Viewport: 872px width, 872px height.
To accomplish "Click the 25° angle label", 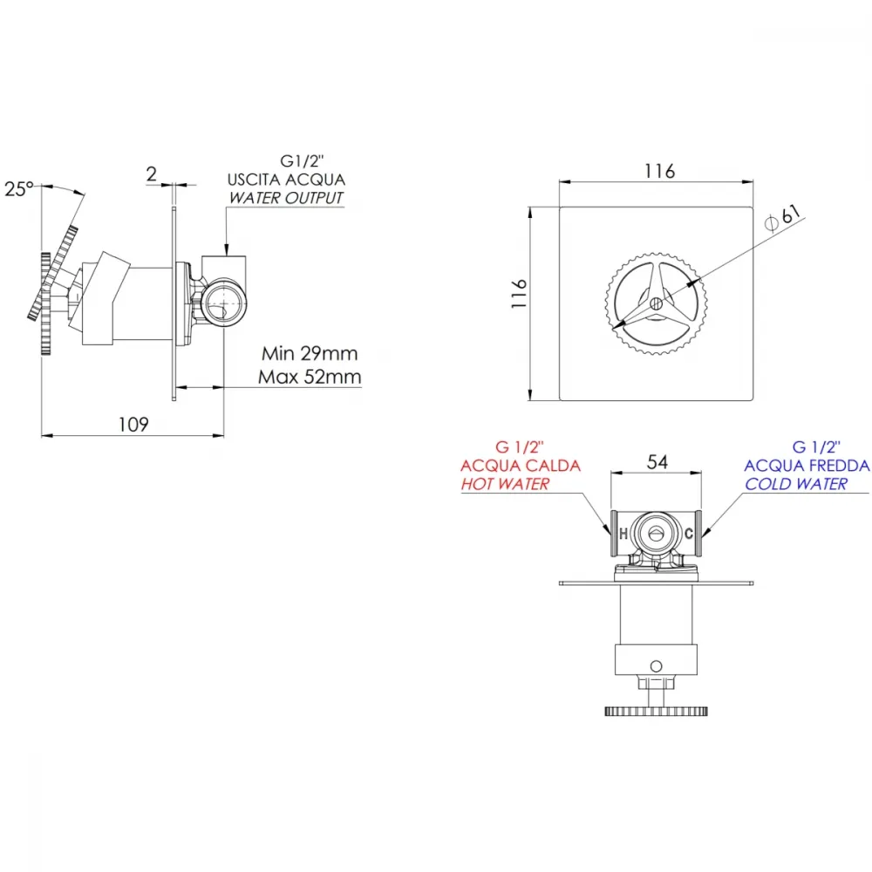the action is click(x=19, y=189).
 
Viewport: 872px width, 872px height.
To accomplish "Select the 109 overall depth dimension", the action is click(x=133, y=425).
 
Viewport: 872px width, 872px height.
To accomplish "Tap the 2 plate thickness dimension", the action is click(x=151, y=174).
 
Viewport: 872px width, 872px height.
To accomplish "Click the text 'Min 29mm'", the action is click(x=310, y=353).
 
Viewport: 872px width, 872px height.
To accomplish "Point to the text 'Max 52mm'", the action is click(x=310, y=377).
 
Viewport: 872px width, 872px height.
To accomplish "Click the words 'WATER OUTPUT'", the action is click(x=286, y=197).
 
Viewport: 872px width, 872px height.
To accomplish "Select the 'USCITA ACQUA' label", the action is click(x=286, y=180).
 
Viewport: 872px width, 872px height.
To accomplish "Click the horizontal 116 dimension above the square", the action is click(x=659, y=171).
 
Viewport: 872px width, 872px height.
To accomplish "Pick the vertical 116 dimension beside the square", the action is click(x=519, y=294).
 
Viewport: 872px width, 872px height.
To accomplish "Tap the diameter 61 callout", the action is click(x=784, y=217).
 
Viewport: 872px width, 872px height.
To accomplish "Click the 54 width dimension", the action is click(x=657, y=461).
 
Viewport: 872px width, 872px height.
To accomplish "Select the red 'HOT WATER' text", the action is click(x=505, y=484).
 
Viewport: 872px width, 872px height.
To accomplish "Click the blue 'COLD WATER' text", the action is click(x=796, y=484).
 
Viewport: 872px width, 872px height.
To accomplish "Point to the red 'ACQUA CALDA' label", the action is click(x=521, y=466).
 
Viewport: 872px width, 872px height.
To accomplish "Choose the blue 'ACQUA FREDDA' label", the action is click(x=807, y=466).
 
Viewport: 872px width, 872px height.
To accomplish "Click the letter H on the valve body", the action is click(x=623, y=534).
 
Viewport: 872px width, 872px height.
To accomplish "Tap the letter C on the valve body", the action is click(x=689, y=534).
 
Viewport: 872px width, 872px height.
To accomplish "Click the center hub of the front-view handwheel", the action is click(x=657, y=303).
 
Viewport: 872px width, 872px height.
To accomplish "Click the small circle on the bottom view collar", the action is click(x=657, y=665).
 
